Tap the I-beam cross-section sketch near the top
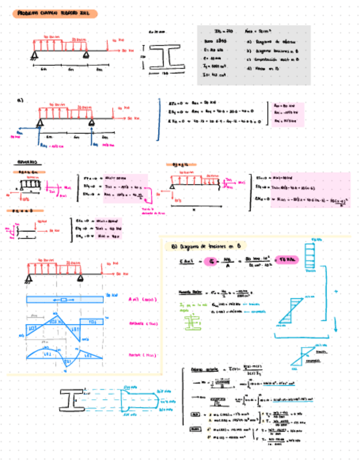pos(163,56)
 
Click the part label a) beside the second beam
pos(21,100)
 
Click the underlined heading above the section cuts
pos(25,163)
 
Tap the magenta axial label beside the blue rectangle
pos(134,300)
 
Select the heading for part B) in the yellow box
pos(206,246)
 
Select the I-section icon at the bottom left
pos(72,400)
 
